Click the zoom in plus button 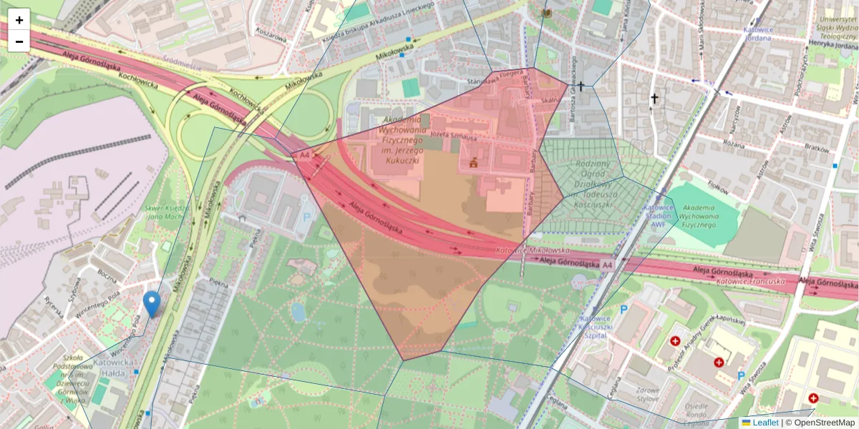(19, 20)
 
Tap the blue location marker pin (151, 303)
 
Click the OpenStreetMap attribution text (823, 423)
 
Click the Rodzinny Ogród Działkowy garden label (591, 172)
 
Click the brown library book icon (548, 14)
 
